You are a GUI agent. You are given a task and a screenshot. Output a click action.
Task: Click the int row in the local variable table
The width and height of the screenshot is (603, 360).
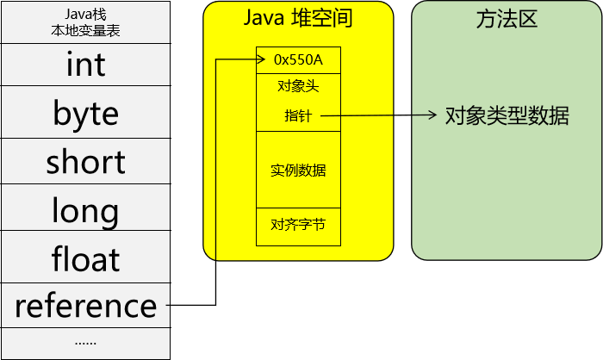tap(85, 65)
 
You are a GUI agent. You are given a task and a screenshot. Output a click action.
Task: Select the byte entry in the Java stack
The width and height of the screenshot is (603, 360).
tap(85, 113)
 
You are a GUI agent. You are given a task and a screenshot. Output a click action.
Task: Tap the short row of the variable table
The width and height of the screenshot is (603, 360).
tap(85, 161)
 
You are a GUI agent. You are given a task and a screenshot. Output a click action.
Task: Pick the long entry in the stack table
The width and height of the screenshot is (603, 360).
tap(85, 209)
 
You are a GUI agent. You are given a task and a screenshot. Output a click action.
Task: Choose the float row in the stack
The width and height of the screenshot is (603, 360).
tap(85, 258)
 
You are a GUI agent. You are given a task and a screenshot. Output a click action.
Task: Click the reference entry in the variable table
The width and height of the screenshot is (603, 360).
tap(85, 305)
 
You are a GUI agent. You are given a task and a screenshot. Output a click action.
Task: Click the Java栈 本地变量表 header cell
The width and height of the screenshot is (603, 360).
tap(85, 22)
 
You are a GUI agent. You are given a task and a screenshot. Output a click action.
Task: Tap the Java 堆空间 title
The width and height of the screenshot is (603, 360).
tap(298, 19)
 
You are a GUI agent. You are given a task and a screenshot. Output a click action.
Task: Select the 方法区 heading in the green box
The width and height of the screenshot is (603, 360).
tap(507, 19)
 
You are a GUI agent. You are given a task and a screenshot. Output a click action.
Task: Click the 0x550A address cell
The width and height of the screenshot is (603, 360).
tap(298, 60)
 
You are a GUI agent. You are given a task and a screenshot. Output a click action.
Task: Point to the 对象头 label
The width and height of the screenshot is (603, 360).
tap(298, 87)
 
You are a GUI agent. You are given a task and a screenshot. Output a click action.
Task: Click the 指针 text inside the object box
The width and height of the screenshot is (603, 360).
tap(298, 115)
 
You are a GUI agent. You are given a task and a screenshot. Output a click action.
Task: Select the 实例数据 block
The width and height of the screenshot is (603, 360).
tap(298, 170)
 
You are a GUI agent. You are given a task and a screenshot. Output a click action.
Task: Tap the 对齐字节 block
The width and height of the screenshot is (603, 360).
tap(298, 226)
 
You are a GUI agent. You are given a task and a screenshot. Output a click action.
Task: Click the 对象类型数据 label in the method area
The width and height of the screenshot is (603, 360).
tap(507, 115)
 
